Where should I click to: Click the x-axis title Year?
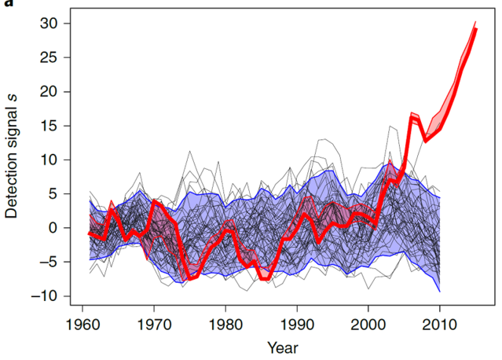(x=282, y=347)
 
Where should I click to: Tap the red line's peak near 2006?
(x=411, y=115)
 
